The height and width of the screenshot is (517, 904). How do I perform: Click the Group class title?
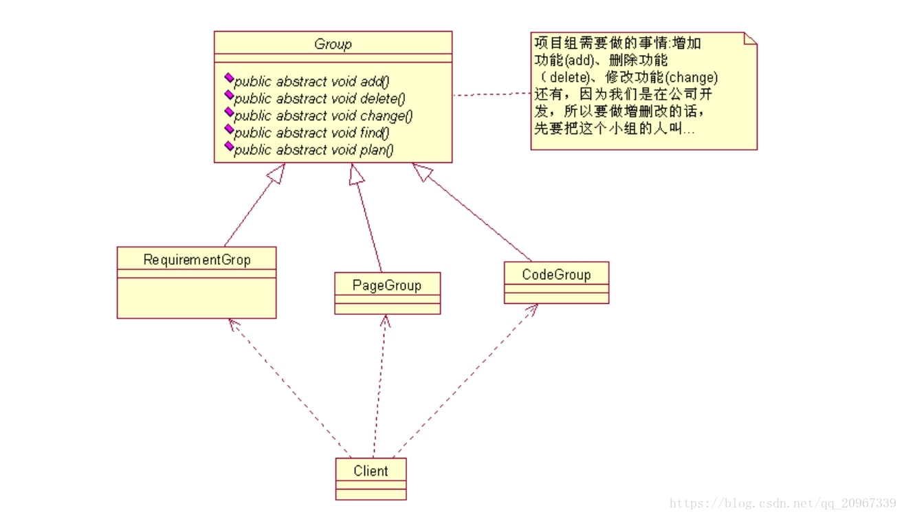[333, 44]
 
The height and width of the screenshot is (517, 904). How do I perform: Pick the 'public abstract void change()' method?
[323, 115]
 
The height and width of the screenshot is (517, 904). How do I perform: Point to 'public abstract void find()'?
[311, 133]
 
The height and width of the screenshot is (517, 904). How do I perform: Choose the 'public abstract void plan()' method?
[313, 150]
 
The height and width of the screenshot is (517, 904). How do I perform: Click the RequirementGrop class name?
[197, 259]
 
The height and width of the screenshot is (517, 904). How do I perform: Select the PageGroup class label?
[387, 285]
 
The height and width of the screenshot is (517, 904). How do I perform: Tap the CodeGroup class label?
[556, 274]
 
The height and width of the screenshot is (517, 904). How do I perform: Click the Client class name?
[371, 471]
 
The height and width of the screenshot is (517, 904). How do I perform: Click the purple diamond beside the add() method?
[230, 79]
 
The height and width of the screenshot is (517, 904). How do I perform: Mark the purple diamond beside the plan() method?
[230, 147]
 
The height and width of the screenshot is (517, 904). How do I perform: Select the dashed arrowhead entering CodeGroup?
[532, 310]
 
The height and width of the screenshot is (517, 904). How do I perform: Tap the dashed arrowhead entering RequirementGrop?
[233, 324]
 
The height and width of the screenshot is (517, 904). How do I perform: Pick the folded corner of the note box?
[750, 38]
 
